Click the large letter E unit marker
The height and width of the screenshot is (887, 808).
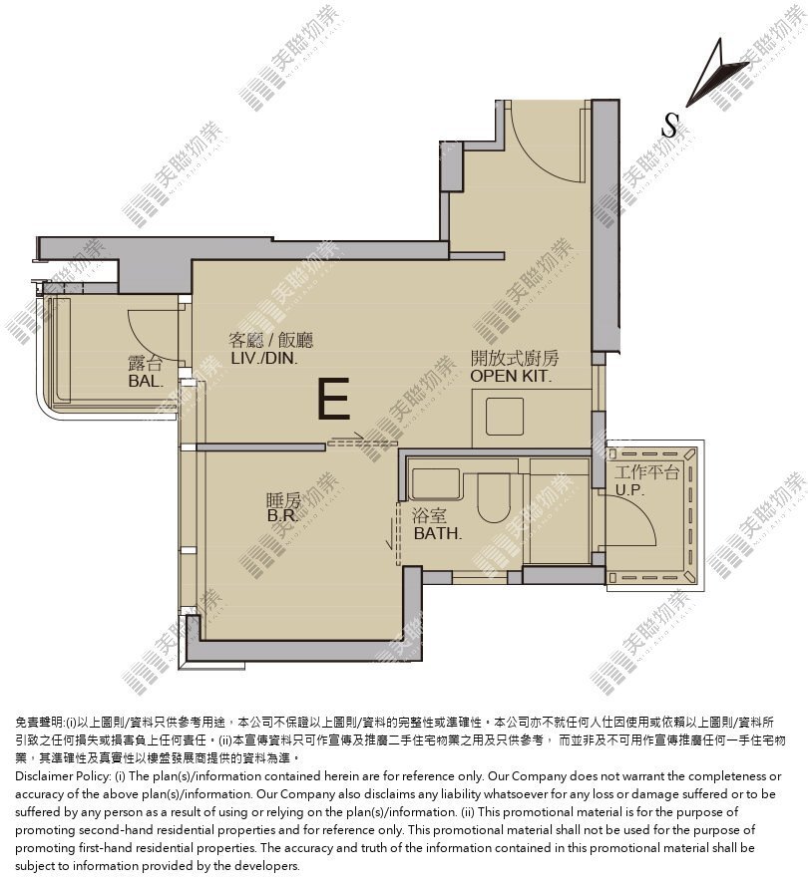tap(334, 400)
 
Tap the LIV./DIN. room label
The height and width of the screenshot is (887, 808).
tap(264, 358)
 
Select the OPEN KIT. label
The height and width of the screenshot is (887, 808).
tap(511, 376)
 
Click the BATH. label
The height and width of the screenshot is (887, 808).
tap(438, 533)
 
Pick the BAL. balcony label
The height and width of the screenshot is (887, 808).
tap(146, 381)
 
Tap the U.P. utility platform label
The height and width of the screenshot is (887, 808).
tap(629, 490)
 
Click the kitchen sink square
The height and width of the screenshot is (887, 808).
tap(505, 417)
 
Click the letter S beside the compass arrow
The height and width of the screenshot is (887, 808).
tap(670, 125)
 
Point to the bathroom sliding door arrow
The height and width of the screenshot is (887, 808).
tap(390, 534)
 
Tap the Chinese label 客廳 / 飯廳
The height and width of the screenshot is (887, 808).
tap(271, 340)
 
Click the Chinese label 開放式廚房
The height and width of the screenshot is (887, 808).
tap(515, 358)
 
